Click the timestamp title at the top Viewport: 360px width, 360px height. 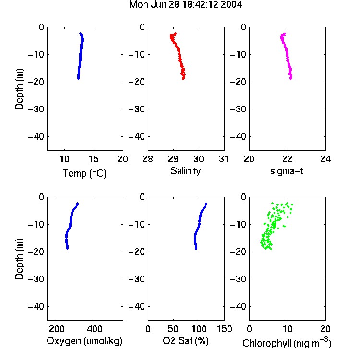(x=185, y=5)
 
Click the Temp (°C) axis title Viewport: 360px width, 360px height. (x=84, y=173)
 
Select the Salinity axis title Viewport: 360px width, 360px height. (x=185, y=171)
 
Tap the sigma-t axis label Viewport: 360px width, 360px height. (x=287, y=171)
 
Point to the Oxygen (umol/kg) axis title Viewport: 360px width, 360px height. (x=84, y=341)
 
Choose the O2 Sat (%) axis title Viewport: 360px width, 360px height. (x=186, y=341)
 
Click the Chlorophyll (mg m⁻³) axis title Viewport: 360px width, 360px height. (x=287, y=343)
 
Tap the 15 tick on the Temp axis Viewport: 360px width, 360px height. (x=94, y=159)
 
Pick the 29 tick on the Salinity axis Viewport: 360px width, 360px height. (x=173, y=159)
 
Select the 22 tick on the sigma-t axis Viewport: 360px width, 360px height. (x=288, y=159)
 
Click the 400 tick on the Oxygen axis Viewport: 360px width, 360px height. (x=95, y=329)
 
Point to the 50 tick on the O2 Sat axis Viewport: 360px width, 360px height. (x=173, y=329)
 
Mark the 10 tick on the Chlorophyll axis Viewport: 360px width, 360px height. (x=288, y=329)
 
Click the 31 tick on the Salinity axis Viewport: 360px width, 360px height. (x=224, y=159)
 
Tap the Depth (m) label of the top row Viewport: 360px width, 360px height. (x=19, y=89)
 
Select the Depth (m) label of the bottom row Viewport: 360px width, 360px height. (x=19, y=259)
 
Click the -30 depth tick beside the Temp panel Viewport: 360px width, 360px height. (x=36, y=109)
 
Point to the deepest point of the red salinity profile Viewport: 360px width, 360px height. (x=183, y=79)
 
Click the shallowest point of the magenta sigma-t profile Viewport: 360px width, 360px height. (x=285, y=34)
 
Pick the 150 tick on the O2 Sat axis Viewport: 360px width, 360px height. (x=225, y=329)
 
